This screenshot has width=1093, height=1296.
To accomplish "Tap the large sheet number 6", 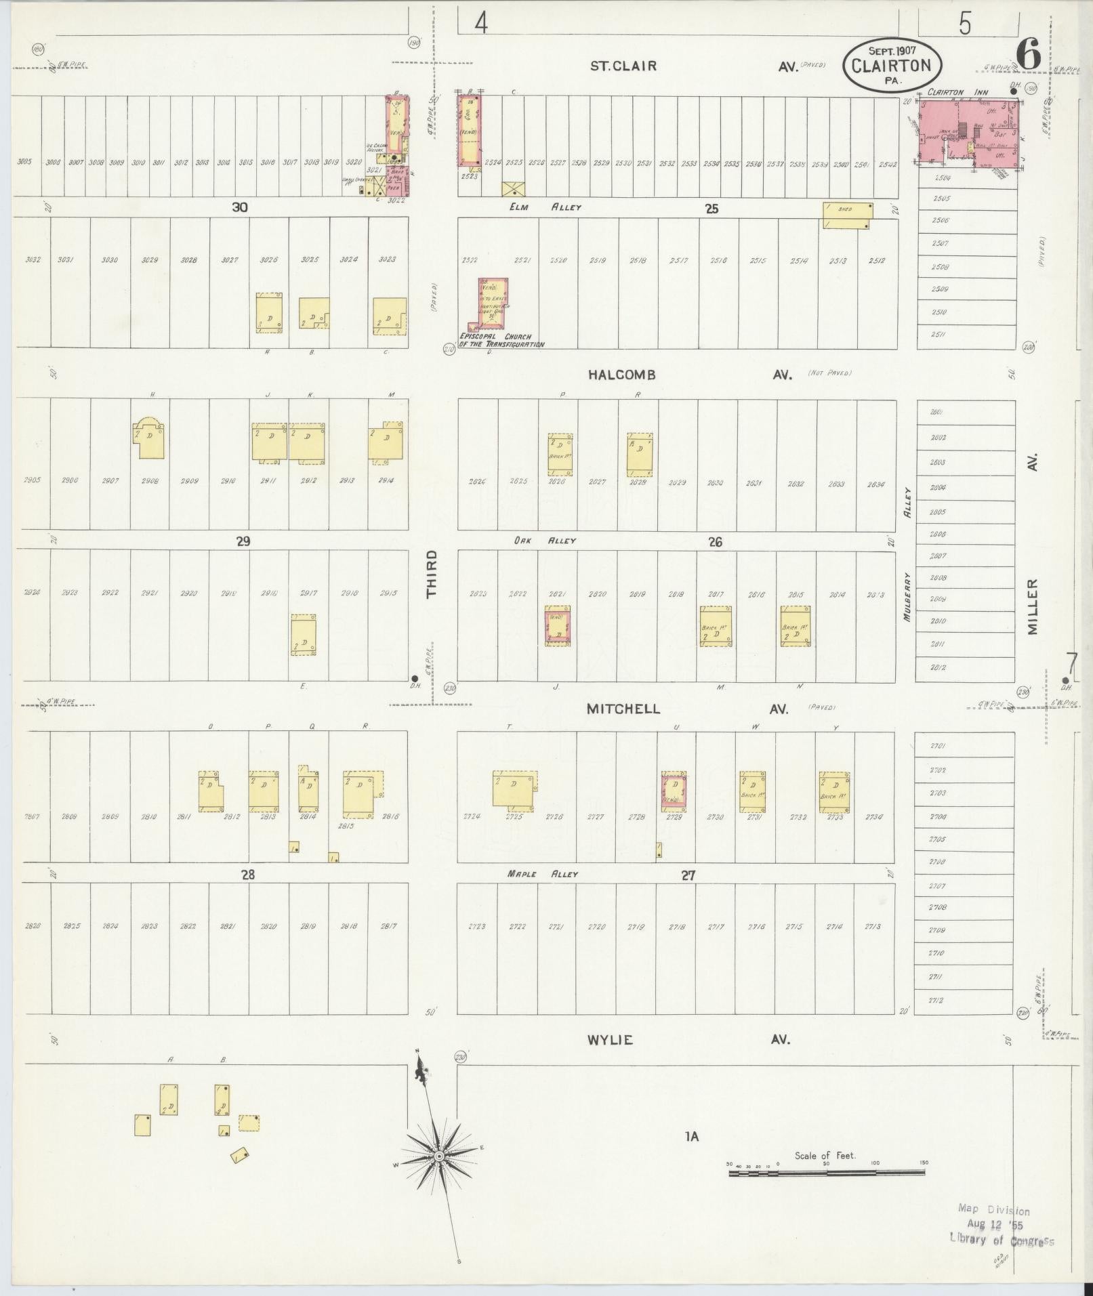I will tap(1028, 54).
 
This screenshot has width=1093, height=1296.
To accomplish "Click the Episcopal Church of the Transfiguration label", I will tap(501, 340).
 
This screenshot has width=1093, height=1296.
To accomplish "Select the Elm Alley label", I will tap(545, 207).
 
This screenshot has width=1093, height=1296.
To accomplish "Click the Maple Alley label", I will tap(542, 874).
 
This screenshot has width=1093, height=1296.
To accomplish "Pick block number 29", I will tap(243, 541).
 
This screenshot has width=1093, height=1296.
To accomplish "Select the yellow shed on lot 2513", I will tap(847, 215).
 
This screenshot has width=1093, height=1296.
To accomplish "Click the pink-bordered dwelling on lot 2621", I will tap(558, 625).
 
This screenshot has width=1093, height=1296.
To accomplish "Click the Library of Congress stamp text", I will tap(1002, 1240).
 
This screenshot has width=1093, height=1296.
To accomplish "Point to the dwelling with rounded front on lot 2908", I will tap(149, 438).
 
